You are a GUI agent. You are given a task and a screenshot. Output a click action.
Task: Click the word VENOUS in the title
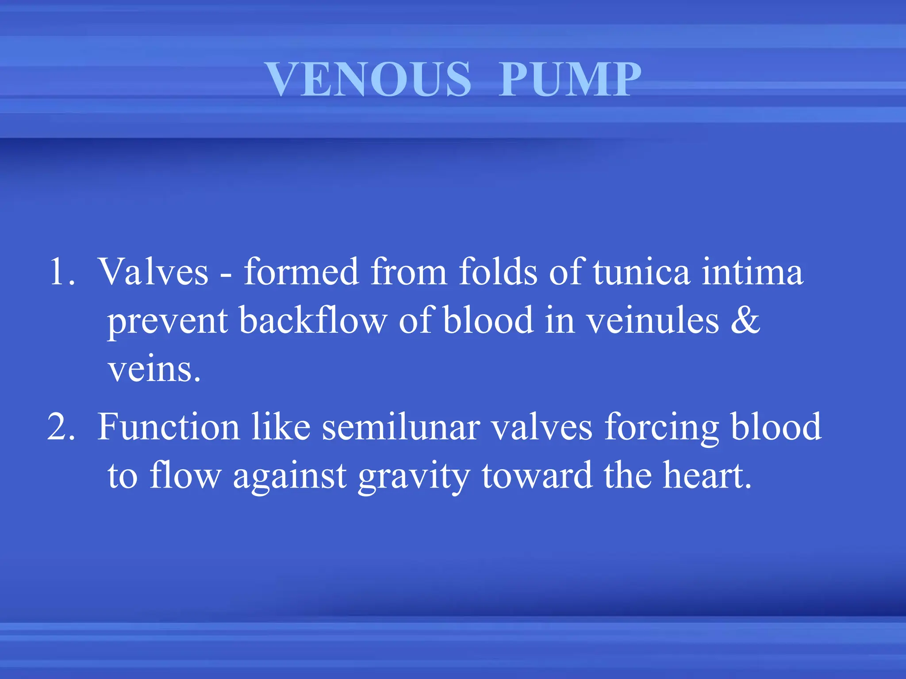tap(369, 79)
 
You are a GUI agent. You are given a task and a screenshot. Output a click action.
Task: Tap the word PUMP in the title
tap(570, 79)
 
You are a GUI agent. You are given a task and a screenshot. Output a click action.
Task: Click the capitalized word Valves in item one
tap(153, 272)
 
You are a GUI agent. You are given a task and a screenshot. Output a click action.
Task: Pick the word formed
tap(301, 272)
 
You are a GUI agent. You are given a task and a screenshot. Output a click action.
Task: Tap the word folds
tap(498, 272)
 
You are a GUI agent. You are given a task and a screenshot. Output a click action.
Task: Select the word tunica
tap(641, 272)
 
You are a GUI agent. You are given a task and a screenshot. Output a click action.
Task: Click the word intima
tap(752, 272)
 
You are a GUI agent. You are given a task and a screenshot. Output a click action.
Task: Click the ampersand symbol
tap(745, 320)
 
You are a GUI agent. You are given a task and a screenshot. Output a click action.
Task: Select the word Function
tap(168, 427)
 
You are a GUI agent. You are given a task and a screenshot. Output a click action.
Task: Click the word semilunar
tap(401, 427)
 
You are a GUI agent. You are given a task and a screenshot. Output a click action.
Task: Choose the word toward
tap(537, 476)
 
